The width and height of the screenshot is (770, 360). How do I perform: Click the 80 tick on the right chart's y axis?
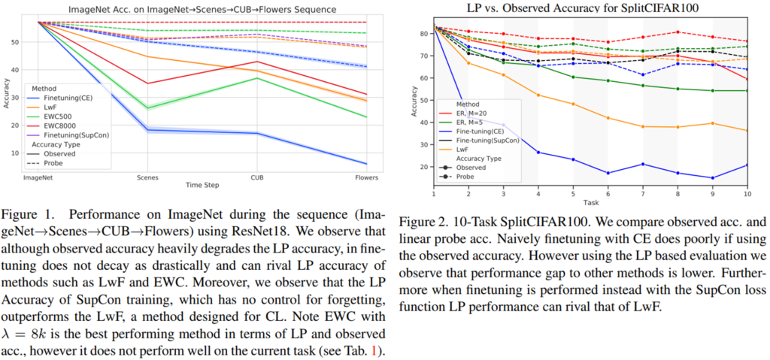coord(425,34)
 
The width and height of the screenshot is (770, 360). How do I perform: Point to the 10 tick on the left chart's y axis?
coord(15,153)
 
